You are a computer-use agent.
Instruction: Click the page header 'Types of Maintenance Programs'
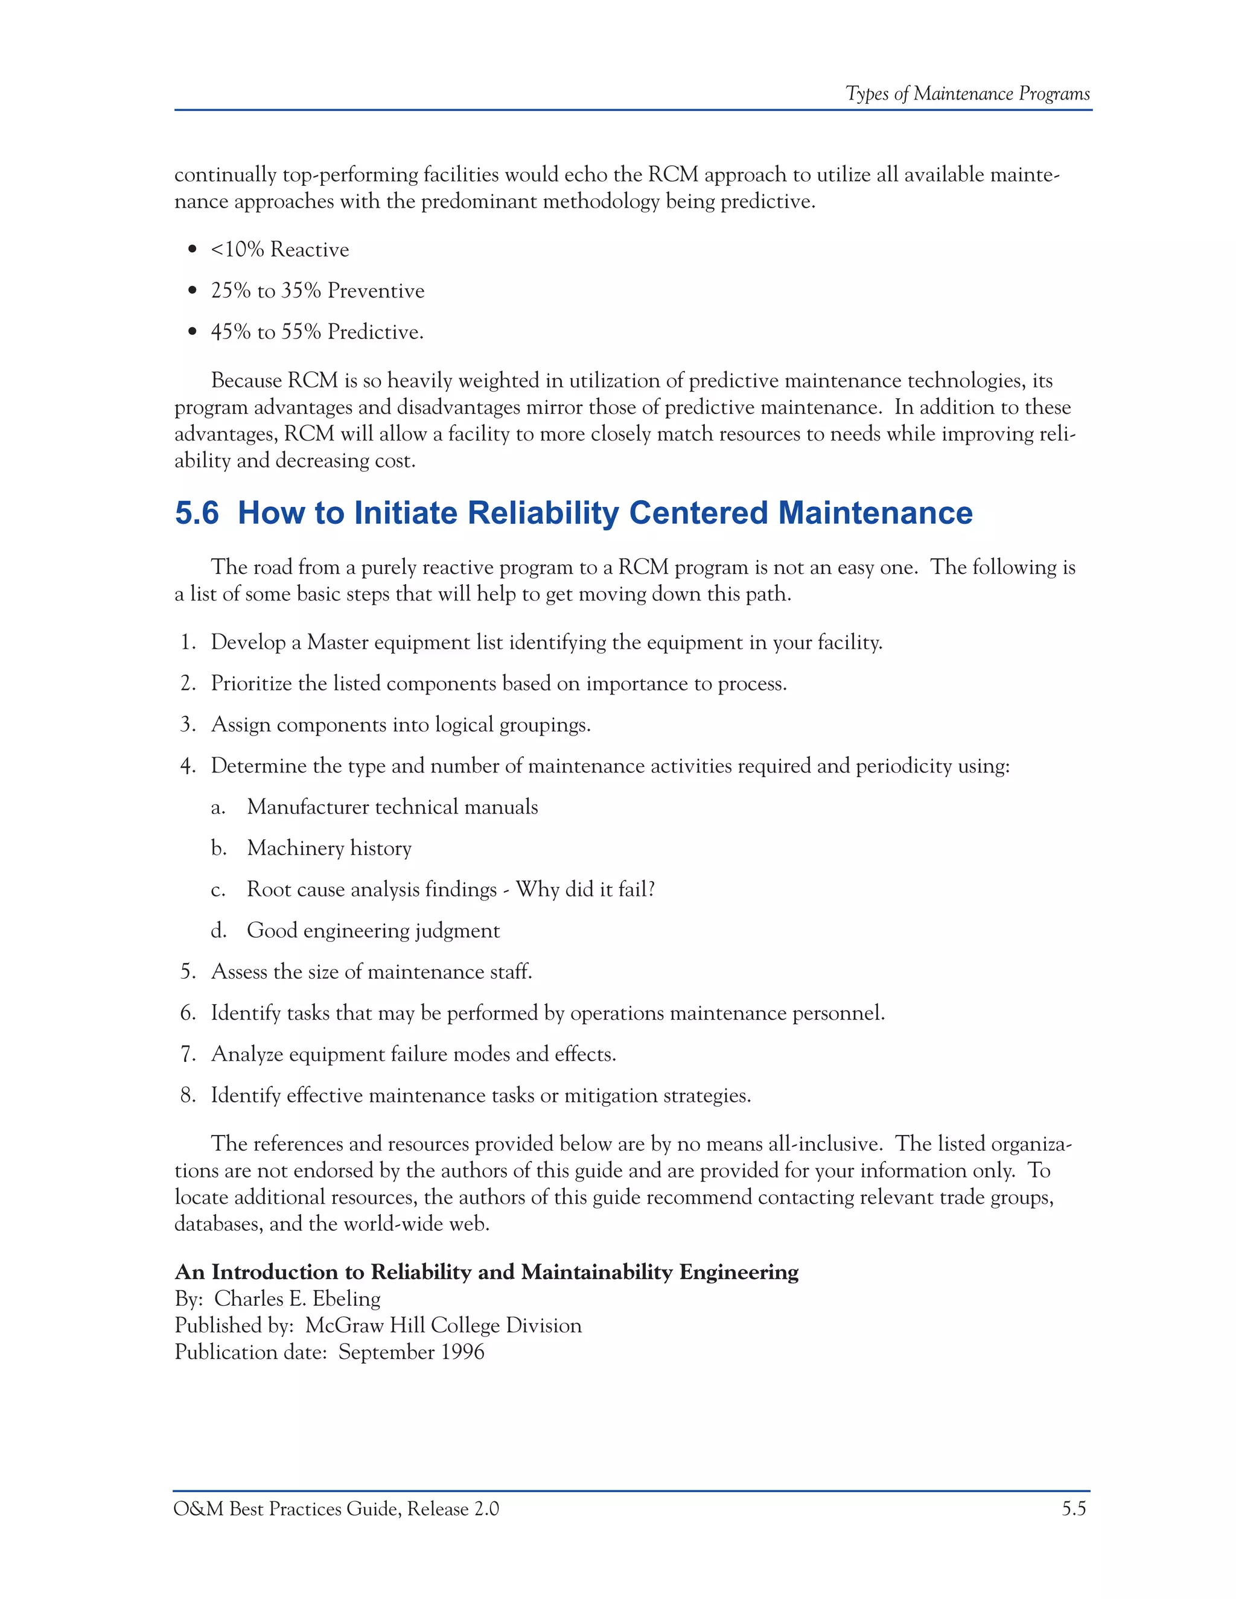[x=967, y=94]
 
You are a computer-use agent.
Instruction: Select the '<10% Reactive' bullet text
[x=279, y=250]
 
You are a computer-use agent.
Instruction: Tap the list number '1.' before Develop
[x=188, y=642]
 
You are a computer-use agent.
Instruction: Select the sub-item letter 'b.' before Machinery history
[x=218, y=848]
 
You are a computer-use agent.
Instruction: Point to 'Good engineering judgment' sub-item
[x=373, y=930]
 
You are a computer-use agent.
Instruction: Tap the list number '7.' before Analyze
[x=188, y=1054]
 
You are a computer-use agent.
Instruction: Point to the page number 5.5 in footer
[x=1074, y=1509]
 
